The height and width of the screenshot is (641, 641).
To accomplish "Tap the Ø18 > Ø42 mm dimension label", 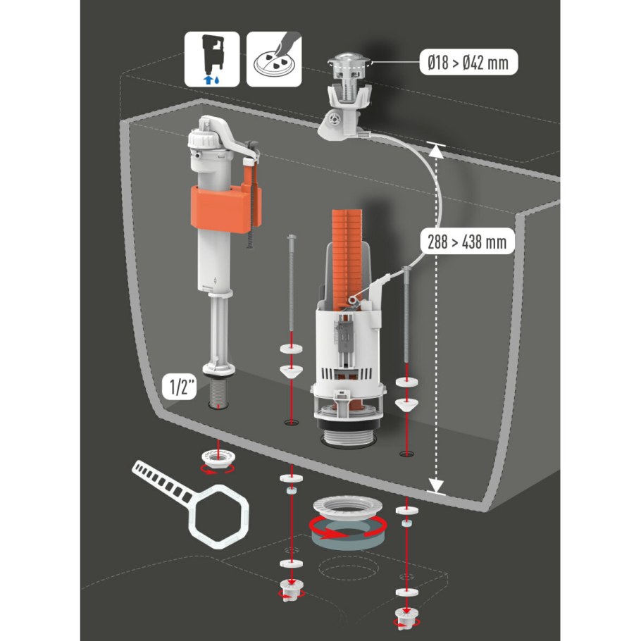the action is pos(468,63).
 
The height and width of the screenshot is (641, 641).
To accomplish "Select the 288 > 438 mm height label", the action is pos(467,241).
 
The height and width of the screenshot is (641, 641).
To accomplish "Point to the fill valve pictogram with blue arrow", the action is pos(212,59).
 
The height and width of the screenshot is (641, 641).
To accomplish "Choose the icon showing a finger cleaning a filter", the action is pos(274,59).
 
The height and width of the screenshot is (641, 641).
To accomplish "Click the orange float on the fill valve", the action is pos(225,209).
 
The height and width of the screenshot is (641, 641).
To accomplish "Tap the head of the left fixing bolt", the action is pos(291,237).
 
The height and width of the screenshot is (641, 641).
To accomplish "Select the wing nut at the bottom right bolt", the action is pos(406,617).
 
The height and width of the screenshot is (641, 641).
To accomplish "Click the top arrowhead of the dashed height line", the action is pos(436,151).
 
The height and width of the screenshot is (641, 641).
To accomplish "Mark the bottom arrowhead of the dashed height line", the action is pos(436,485).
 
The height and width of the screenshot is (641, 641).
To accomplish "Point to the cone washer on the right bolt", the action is pos(406,404).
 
